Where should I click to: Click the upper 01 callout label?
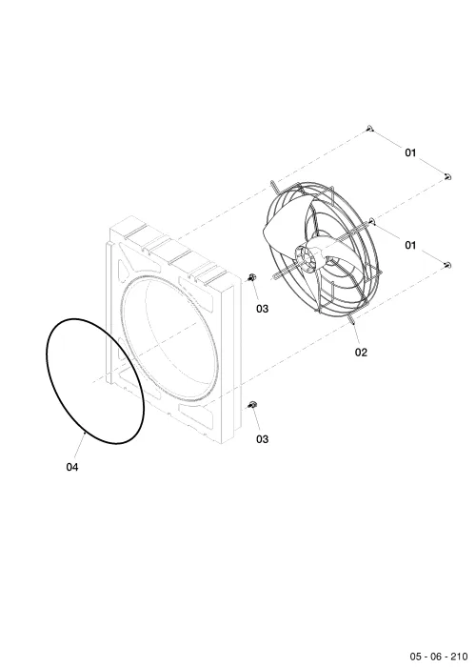click(x=410, y=152)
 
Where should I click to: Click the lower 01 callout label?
click(x=410, y=245)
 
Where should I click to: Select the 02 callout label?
click(x=361, y=353)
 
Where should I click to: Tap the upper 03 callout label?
click(x=262, y=309)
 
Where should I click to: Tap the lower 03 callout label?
click(x=262, y=439)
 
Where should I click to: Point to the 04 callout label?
click(x=72, y=467)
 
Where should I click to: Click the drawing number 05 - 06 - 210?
click(x=438, y=657)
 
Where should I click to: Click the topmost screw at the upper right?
click(x=370, y=128)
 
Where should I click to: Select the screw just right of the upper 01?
click(x=447, y=176)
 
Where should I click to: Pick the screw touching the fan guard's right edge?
click(x=372, y=220)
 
